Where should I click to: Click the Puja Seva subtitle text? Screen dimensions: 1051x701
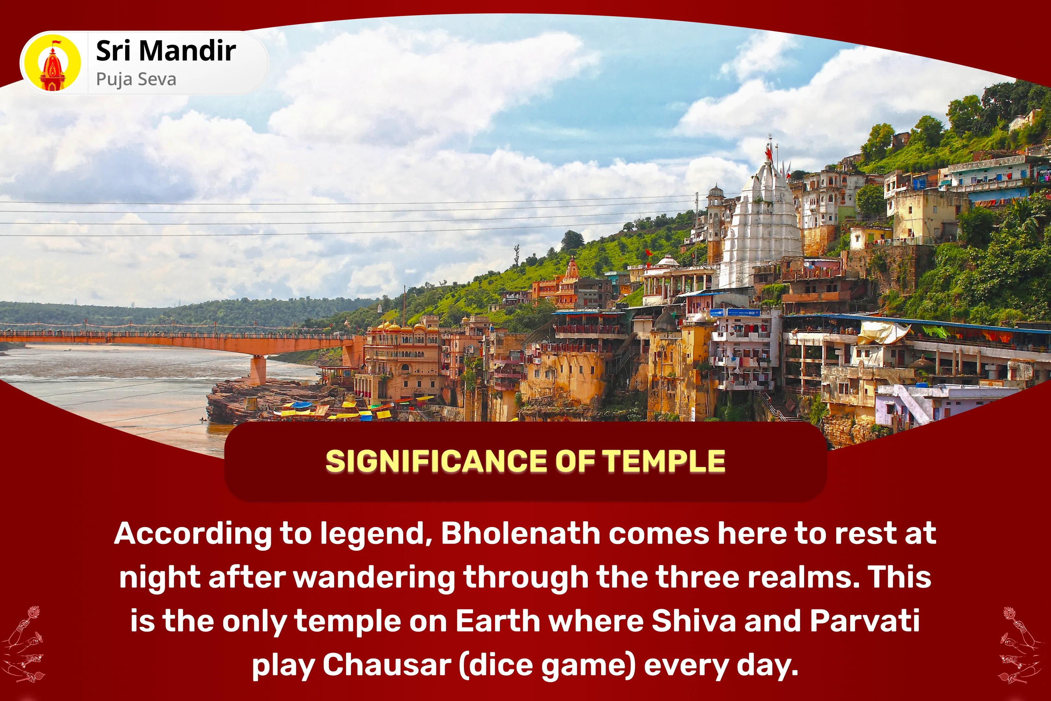pos(136,80)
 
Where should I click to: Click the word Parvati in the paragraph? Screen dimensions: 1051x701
pos(865,621)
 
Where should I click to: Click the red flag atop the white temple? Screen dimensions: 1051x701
pos(768,153)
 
